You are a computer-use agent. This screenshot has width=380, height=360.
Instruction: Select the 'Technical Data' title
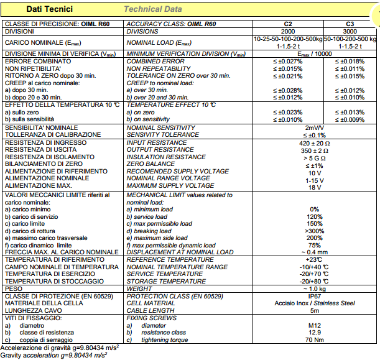[x=153, y=9]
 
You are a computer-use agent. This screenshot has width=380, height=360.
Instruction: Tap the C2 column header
[x=287, y=24]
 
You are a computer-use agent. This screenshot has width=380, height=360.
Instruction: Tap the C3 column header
[x=350, y=24]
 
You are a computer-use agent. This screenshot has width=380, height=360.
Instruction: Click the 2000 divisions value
[x=287, y=31]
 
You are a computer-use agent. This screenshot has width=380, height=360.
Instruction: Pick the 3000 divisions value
[x=350, y=31]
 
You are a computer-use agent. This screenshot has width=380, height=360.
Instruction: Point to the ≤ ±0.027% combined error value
[x=287, y=61]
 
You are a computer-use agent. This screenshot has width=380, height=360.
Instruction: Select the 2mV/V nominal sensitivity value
[x=314, y=127]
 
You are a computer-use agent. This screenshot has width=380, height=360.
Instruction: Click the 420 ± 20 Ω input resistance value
[x=314, y=144]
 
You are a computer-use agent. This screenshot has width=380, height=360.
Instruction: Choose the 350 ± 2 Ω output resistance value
[x=314, y=150]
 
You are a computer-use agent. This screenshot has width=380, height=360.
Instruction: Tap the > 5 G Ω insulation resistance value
[x=314, y=158]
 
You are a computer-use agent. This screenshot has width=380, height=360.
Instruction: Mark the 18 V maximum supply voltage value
[x=314, y=187]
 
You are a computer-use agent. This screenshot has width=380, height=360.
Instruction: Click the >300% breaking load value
[x=314, y=231]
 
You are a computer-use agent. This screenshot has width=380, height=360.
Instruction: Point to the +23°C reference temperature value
[x=314, y=259]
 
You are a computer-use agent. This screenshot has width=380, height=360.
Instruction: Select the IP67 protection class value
[x=314, y=296]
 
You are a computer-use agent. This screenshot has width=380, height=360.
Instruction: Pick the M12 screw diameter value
[x=314, y=325]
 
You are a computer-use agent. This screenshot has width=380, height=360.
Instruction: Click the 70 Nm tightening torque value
[x=314, y=339]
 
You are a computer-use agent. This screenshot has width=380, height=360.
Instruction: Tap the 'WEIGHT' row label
[x=141, y=288]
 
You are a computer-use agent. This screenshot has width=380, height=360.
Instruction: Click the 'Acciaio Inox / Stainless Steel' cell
[x=314, y=303]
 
